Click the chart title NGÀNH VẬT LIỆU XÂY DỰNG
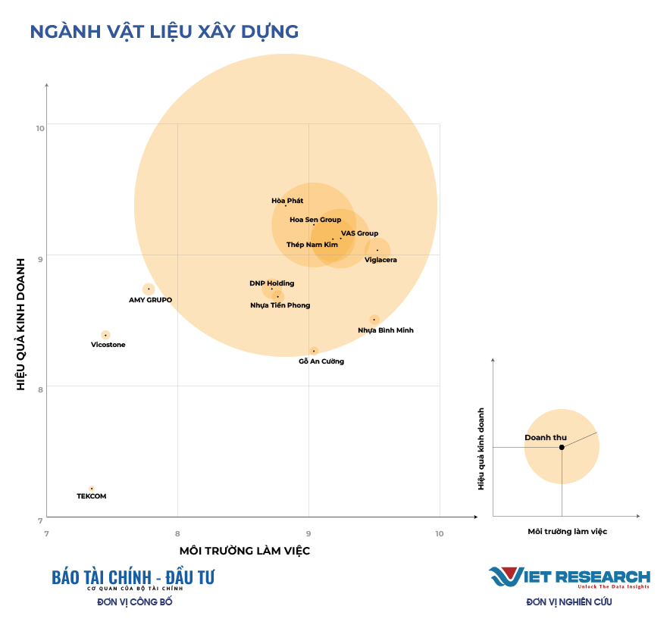click(x=164, y=32)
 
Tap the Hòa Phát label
click(x=287, y=201)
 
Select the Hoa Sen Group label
click(x=315, y=220)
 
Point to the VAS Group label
click(x=359, y=233)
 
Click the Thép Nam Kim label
click(x=312, y=245)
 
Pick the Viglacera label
click(x=380, y=260)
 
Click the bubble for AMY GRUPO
click(x=149, y=289)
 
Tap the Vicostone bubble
click(x=105, y=335)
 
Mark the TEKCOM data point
click(x=91, y=489)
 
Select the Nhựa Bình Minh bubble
click(x=374, y=320)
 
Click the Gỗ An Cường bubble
click(x=314, y=351)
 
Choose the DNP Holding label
click(x=271, y=283)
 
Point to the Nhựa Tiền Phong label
click(x=280, y=305)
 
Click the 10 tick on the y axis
click(x=39, y=127)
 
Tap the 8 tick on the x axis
click(x=177, y=533)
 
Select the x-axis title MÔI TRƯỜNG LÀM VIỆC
click(x=244, y=551)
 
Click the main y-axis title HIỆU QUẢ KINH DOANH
click(x=21, y=324)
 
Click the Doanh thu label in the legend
click(x=546, y=438)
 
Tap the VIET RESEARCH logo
click(x=569, y=577)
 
